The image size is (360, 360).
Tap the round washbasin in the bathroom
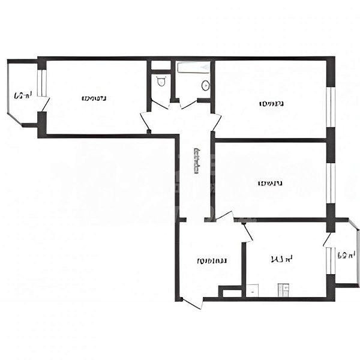point(205,86)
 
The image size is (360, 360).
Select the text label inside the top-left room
point(95,98)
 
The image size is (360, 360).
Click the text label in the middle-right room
point(270,183)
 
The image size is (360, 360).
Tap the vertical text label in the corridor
point(196,161)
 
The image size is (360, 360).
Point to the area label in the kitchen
point(281,260)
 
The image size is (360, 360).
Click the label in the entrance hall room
point(212,261)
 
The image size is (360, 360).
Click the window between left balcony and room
point(41,83)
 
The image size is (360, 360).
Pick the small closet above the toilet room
point(160,65)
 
